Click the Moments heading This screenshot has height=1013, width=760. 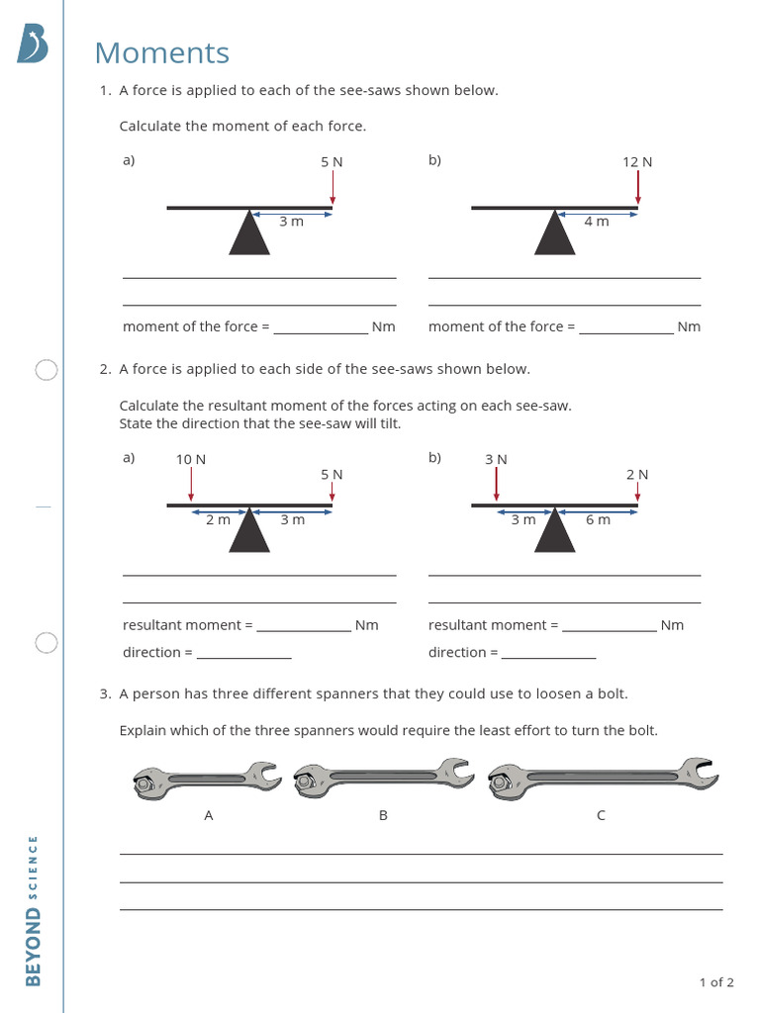161,53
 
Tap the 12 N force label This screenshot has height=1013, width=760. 637,162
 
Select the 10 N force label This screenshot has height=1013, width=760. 191,460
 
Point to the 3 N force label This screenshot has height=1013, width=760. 496,460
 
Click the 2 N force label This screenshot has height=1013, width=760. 637,475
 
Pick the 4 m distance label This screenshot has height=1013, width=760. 597,222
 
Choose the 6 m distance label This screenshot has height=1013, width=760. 598,520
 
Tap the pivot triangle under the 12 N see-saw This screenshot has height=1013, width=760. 555,234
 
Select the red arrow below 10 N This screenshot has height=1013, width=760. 191,486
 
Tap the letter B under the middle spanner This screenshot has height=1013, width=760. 383,816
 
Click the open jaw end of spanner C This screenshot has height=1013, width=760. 700,772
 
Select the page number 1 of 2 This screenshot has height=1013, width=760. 716,982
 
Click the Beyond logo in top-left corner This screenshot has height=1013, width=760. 32,45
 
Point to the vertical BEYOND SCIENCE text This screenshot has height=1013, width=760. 33,910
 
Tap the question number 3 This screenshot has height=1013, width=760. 104,694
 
